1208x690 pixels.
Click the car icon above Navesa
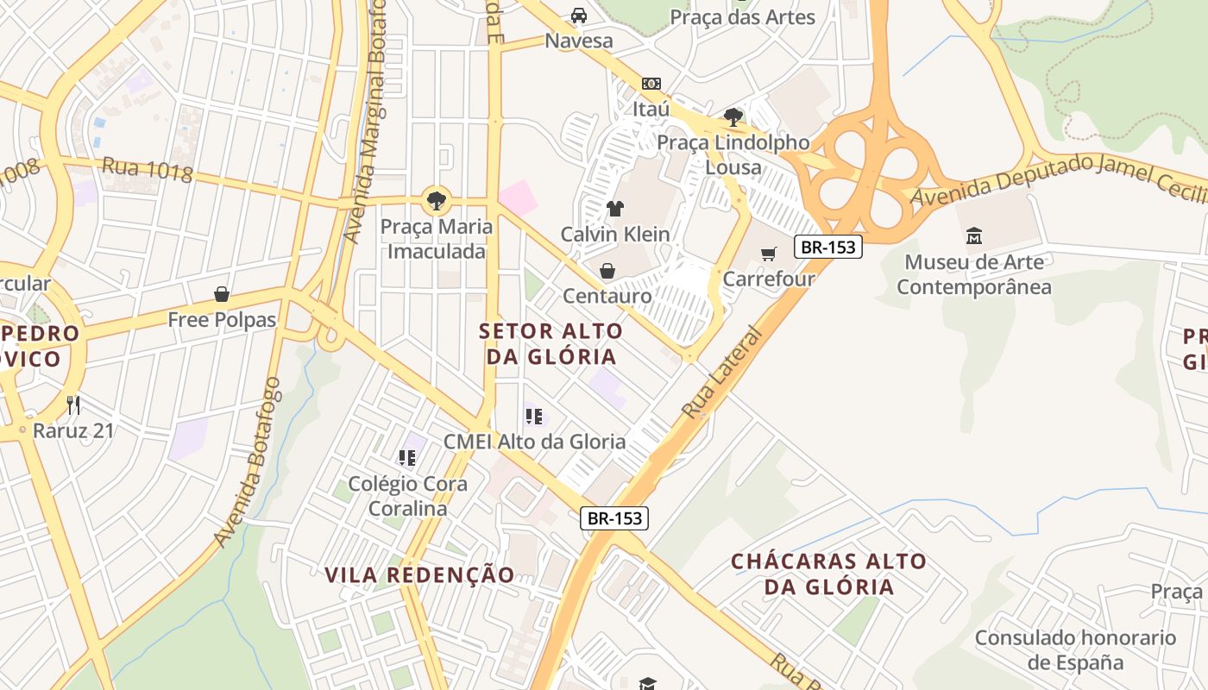[x=578, y=16]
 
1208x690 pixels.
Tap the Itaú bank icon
[x=651, y=84]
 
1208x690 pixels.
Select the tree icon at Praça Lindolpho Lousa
[x=733, y=116]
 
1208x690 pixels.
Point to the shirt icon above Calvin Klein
[x=614, y=208]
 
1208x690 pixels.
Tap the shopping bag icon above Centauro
[x=607, y=272]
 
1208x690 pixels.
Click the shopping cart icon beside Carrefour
[x=768, y=254]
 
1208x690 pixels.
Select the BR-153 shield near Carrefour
[x=828, y=247]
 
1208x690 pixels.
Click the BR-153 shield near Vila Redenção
[x=613, y=517]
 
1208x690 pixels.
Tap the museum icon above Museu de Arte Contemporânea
[x=974, y=235]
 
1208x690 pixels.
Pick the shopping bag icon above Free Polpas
[x=222, y=294]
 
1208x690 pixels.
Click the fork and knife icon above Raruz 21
[x=73, y=405]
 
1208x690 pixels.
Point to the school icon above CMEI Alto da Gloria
[x=534, y=417]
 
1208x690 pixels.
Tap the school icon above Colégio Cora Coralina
[x=407, y=458]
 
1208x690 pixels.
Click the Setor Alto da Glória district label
[x=551, y=343]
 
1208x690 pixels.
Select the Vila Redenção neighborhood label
[x=419, y=574]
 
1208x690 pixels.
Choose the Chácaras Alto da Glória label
[x=828, y=574]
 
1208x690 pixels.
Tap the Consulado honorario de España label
[x=1075, y=650]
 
